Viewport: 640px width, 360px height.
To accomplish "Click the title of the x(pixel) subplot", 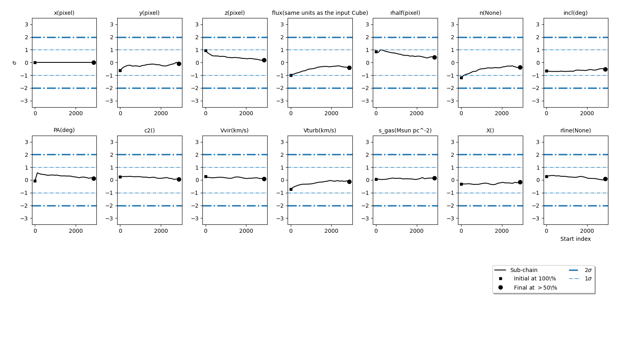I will point(64,13).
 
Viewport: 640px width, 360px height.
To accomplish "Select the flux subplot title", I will point(320,13).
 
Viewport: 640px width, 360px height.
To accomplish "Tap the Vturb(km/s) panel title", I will point(320,130).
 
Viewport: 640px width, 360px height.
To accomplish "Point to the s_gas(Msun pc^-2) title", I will point(405,130).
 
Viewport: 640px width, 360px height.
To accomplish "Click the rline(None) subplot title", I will point(576,130).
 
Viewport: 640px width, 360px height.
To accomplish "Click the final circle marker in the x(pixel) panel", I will point(94,62).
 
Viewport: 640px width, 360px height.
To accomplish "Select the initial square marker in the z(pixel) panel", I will point(206,51).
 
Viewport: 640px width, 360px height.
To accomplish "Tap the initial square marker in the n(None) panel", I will point(461,78).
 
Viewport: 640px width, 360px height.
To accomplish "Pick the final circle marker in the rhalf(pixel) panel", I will point(434,57).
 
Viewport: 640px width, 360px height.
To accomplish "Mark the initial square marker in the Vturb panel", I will point(291,189).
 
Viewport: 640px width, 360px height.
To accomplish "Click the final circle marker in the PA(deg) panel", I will point(94,178).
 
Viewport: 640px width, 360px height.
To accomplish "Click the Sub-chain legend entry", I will point(524,270).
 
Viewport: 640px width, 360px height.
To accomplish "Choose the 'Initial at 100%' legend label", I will point(535,279).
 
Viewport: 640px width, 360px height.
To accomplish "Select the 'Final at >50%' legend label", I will point(535,288).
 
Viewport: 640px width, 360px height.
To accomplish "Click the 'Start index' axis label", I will point(575,239).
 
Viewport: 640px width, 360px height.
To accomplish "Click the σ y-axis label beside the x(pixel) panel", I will point(15,63).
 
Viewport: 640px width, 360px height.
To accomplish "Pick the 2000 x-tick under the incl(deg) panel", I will point(587,113).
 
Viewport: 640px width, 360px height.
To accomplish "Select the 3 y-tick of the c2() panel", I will point(112,142).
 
